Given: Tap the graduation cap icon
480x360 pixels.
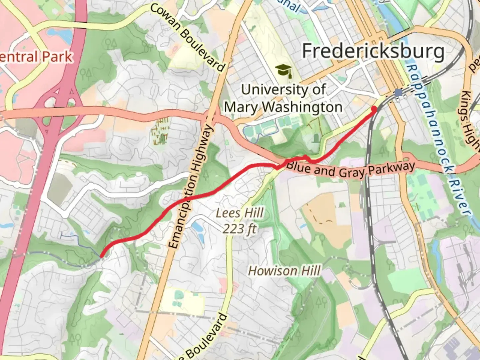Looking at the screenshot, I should point(283,71).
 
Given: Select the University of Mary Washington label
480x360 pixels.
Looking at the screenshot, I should point(283,98).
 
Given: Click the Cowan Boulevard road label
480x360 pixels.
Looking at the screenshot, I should point(188,37).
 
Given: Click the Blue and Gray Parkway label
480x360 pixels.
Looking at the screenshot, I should point(350,169).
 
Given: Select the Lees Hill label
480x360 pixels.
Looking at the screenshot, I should point(239,213).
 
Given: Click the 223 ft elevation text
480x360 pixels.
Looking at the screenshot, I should point(239,229).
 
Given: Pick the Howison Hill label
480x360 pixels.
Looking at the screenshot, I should point(284,271).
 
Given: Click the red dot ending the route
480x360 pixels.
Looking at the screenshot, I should point(374,109).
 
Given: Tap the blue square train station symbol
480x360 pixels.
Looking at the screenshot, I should point(398,92).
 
